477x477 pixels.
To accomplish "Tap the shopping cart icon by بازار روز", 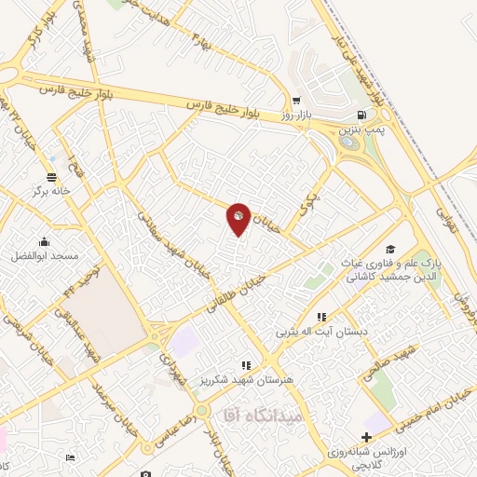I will [x=296, y=102].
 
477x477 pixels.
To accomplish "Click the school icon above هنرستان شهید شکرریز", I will [x=246, y=366].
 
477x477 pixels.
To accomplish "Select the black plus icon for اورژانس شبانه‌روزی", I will [x=367, y=436].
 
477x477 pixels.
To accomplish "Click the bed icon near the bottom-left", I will [x=70, y=457].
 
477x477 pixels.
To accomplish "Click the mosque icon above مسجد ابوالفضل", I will [x=44, y=241].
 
